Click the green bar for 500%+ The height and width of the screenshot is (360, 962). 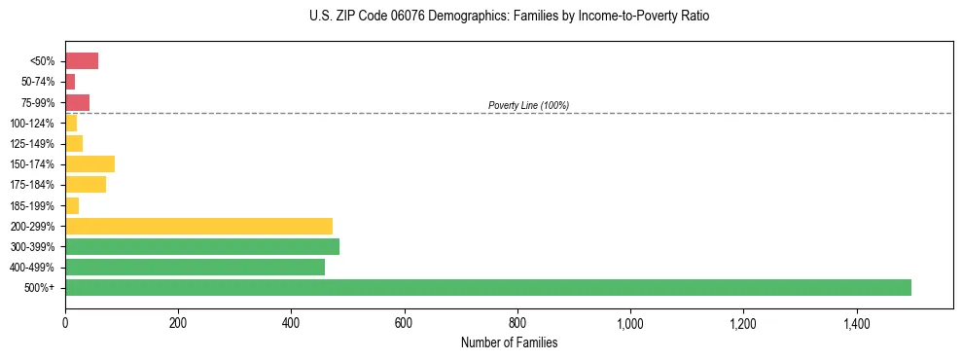487,287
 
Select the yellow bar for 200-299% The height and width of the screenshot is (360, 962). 198,226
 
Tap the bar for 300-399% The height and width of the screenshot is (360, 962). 202,246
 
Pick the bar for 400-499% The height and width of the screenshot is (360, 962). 195,267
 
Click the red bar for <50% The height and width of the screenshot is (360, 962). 82,61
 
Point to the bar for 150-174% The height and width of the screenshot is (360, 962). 89,163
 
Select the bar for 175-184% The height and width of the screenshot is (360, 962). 86,185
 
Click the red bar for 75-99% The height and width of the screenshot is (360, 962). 77,102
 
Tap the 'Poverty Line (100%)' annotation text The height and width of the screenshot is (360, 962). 528,105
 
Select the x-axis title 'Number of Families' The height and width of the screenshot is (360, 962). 510,342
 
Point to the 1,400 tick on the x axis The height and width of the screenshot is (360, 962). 856,321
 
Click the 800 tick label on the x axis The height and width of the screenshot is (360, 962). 517,321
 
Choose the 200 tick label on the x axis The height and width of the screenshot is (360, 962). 178,321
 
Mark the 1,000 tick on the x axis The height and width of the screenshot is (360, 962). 630,321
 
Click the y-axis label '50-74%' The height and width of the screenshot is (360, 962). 38,82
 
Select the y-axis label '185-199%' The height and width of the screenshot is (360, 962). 33,205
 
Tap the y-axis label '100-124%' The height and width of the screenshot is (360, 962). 33,123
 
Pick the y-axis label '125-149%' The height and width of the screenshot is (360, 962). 33,144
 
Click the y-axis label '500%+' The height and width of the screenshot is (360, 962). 40,287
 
